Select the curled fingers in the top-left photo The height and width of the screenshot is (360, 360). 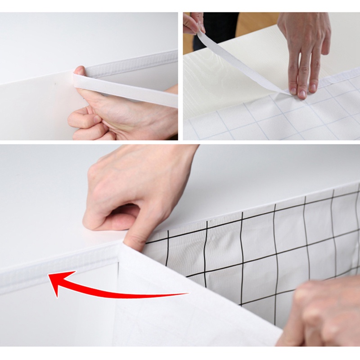(x=85, y=121)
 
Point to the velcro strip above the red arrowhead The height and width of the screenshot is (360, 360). (x=45, y=265)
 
